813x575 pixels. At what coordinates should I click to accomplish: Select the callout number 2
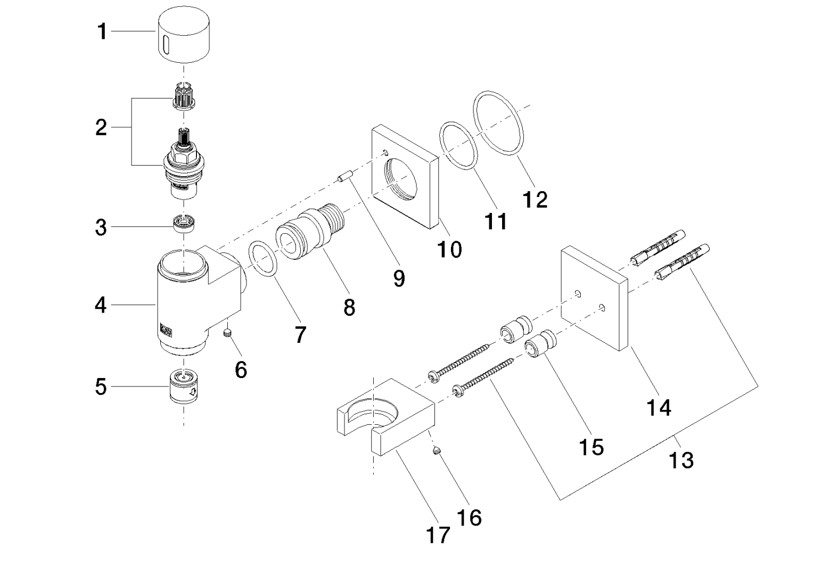101,128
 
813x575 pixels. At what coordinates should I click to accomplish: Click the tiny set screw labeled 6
228,333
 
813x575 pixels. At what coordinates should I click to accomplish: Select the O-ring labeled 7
264,258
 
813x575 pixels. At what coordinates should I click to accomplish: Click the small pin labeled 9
344,177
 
